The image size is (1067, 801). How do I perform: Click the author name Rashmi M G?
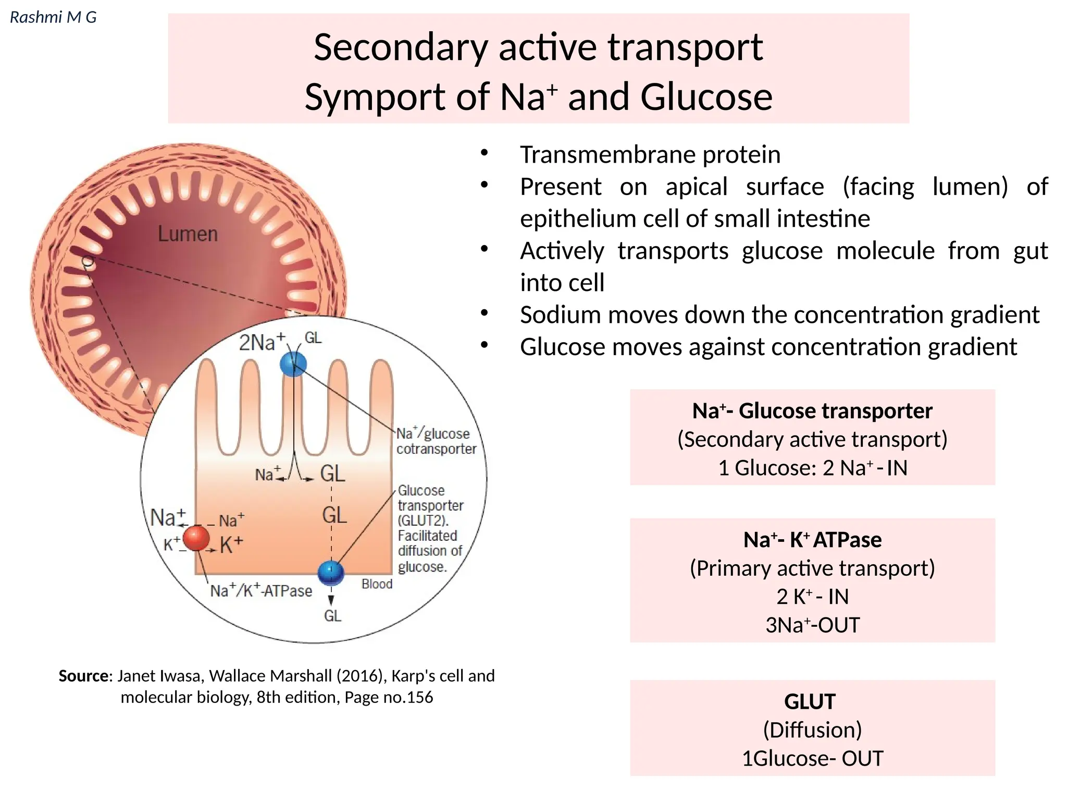click(x=53, y=17)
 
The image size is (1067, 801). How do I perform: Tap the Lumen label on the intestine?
click(x=188, y=234)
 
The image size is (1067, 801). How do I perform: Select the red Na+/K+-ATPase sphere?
click(x=196, y=538)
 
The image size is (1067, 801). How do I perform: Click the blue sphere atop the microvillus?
click(x=293, y=364)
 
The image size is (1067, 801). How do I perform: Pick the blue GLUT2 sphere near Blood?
click(x=331, y=573)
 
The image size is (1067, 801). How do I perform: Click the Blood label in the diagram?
click(x=377, y=584)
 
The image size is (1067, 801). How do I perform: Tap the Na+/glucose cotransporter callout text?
click(x=436, y=441)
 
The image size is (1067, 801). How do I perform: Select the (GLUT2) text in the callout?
click(x=423, y=520)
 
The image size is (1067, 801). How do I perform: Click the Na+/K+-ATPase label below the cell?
click(x=261, y=591)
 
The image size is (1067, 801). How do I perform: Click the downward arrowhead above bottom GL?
click(x=331, y=601)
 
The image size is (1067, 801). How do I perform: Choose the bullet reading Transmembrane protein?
click(x=650, y=155)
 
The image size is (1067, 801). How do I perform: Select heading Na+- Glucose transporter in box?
click(x=812, y=411)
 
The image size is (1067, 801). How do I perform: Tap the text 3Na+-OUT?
click(x=812, y=625)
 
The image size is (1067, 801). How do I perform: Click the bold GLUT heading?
click(x=810, y=701)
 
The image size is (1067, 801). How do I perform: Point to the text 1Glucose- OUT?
click(x=812, y=758)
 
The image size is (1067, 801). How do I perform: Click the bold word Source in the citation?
click(x=84, y=676)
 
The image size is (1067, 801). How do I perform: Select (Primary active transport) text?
click(x=812, y=568)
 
